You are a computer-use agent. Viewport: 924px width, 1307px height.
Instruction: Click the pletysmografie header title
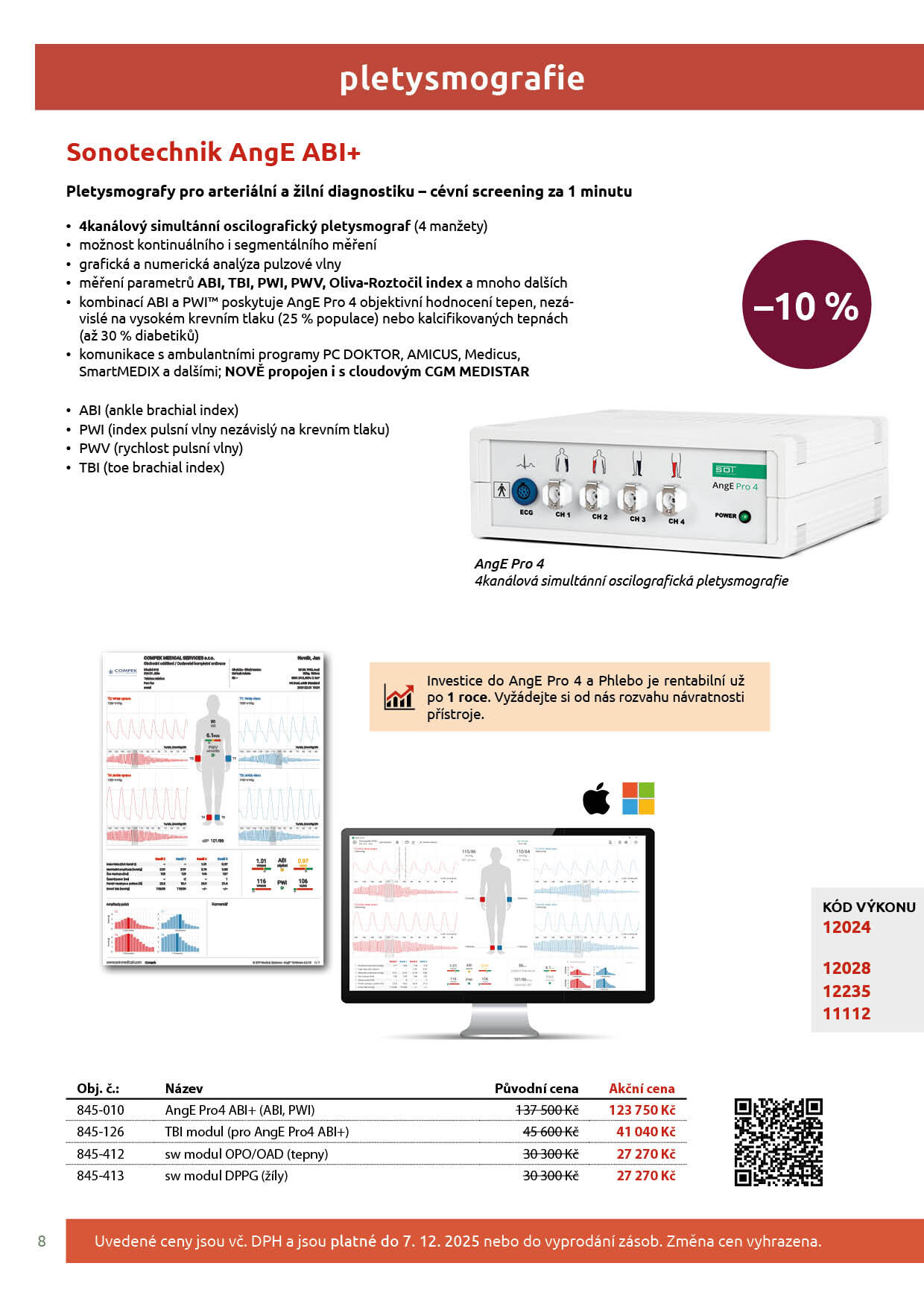tap(461, 78)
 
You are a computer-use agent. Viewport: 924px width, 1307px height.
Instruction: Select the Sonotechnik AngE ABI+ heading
tap(214, 152)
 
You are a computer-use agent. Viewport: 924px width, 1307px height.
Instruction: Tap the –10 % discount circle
tap(806, 305)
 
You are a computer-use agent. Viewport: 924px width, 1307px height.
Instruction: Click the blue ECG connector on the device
tap(525, 492)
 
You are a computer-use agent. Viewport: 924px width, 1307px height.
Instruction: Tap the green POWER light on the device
tap(744, 516)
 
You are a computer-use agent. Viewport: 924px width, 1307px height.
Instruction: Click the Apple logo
tap(596, 799)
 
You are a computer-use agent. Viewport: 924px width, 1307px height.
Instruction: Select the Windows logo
tap(639, 799)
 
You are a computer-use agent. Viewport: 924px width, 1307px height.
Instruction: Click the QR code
tap(779, 1142)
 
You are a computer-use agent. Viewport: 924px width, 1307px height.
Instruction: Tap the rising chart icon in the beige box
tap(399, 697)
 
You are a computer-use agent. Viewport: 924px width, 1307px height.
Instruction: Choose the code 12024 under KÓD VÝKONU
tap(847, 927)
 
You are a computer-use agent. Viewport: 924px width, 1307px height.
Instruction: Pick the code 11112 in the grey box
tap(847, 1013)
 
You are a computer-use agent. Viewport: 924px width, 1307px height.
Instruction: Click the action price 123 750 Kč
tap(642, 1110)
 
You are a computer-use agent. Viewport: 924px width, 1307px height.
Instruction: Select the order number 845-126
tap(101, 1131)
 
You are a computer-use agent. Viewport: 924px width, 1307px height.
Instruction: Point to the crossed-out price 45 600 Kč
tap(551, 1131)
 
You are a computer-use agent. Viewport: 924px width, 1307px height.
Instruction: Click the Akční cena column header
tap(642, 1088)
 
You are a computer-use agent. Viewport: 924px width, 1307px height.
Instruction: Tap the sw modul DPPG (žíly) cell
tap(227, 1175)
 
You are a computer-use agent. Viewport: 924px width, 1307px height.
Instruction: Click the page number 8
tap(42, 1241)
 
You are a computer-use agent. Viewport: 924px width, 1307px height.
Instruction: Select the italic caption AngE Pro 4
tap(510, 563)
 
